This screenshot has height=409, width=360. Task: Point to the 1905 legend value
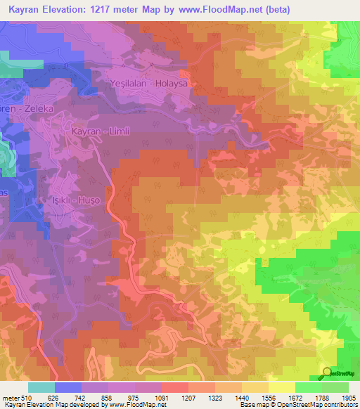348,398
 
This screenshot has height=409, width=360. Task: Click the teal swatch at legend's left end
41,387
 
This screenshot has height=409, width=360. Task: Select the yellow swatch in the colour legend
281,387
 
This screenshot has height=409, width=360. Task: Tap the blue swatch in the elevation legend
68,387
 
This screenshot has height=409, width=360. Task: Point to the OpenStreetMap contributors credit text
317,405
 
